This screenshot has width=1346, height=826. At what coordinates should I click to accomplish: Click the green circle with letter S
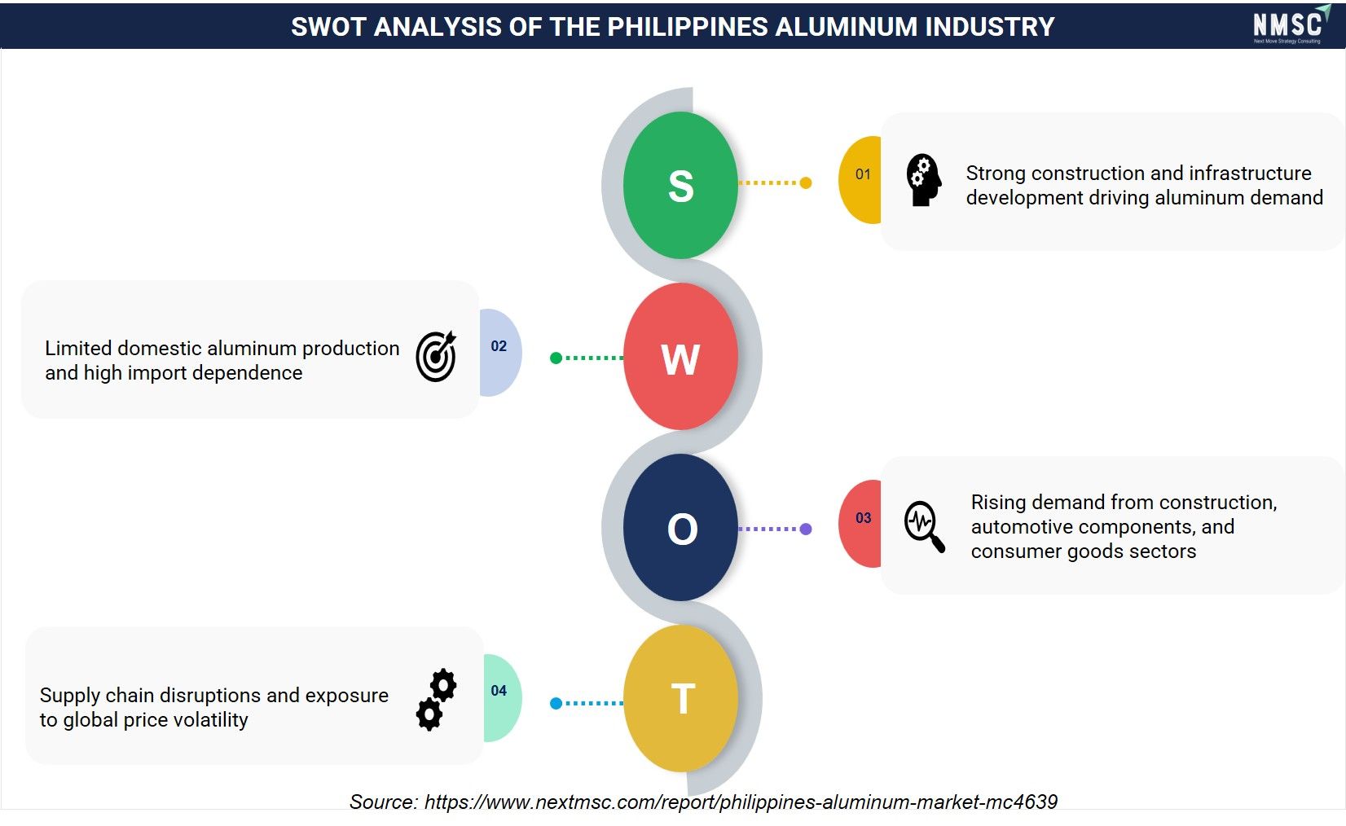(x=680, y=185)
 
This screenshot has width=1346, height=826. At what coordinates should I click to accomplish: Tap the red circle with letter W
(x=680, y=357)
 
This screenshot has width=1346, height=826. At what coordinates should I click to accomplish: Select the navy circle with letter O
(x=680, y=527)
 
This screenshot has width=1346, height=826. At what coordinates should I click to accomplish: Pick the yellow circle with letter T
(x=680, y=698)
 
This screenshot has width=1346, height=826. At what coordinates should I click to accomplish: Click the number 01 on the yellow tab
(x=863, y=174)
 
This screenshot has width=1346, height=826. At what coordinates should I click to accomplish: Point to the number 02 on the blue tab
(x=499, y=346)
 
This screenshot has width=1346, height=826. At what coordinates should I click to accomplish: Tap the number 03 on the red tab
(x=864, y=518)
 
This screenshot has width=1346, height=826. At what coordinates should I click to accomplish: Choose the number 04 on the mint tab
(x=499, y=691)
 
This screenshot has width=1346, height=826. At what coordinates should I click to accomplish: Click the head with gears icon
(x=924, y=180)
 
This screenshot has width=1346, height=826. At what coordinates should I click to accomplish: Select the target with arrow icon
(x=436, y=356)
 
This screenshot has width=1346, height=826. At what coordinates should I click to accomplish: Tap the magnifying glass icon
(x=925, y=526)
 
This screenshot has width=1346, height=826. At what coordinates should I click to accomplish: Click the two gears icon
(x=436, y=700)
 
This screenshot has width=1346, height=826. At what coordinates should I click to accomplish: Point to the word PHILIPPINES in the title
(x=688, y=27)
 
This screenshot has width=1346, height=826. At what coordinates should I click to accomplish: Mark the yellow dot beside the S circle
(x=806, y=182)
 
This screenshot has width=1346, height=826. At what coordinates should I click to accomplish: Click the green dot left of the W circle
(x=556, y=358)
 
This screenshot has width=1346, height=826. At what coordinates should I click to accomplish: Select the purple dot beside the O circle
(x=806, y=529)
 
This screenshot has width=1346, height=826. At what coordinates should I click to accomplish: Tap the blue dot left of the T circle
(x=556, y=703)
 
